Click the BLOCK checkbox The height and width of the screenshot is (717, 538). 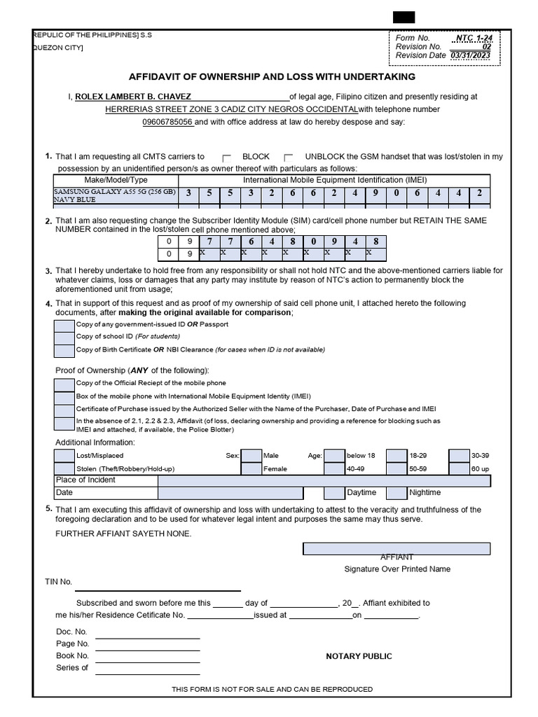(226, 158)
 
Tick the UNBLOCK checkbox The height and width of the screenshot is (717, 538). (289, 158)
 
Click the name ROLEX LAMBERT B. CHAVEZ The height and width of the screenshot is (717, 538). (132, 97)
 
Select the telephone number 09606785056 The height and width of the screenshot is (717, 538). (167, 122)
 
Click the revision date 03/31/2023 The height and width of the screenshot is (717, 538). (471, 55)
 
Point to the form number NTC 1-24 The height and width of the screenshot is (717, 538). (474, 38)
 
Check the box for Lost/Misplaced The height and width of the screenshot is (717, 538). (64, 456)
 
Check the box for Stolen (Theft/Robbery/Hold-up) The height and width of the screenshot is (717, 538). (64, 468)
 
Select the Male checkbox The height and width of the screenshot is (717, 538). (251, 456)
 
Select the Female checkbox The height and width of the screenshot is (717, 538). (251, 468)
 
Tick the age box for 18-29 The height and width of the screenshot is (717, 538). (396, 456)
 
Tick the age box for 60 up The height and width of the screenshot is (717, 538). (459, 468)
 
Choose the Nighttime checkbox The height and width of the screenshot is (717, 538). (396, 493)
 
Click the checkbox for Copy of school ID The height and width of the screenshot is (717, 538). (64, 337)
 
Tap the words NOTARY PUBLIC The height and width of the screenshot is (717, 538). (359, 656)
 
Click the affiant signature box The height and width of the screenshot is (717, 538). (396, 548)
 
